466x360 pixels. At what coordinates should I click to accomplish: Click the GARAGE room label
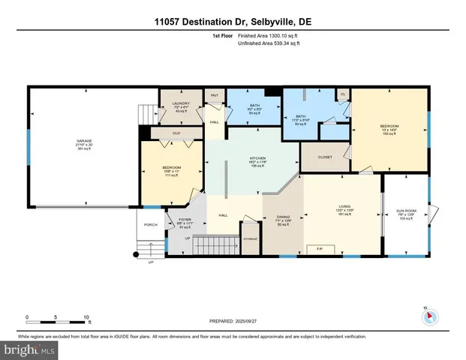[85, 140]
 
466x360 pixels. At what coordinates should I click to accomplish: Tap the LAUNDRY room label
[181, 104]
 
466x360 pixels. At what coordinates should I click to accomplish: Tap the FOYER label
[185, 219]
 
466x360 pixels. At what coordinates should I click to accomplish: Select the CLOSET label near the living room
[325, 157]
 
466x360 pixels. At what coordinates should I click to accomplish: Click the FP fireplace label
[319, 248]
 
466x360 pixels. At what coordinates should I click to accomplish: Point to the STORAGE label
[250, 238]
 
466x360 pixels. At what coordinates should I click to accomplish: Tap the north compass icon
[428, 316]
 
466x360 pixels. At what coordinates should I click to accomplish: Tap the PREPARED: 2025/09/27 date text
[233, 321]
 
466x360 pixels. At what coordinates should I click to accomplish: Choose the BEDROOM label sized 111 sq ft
[173, 171]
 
